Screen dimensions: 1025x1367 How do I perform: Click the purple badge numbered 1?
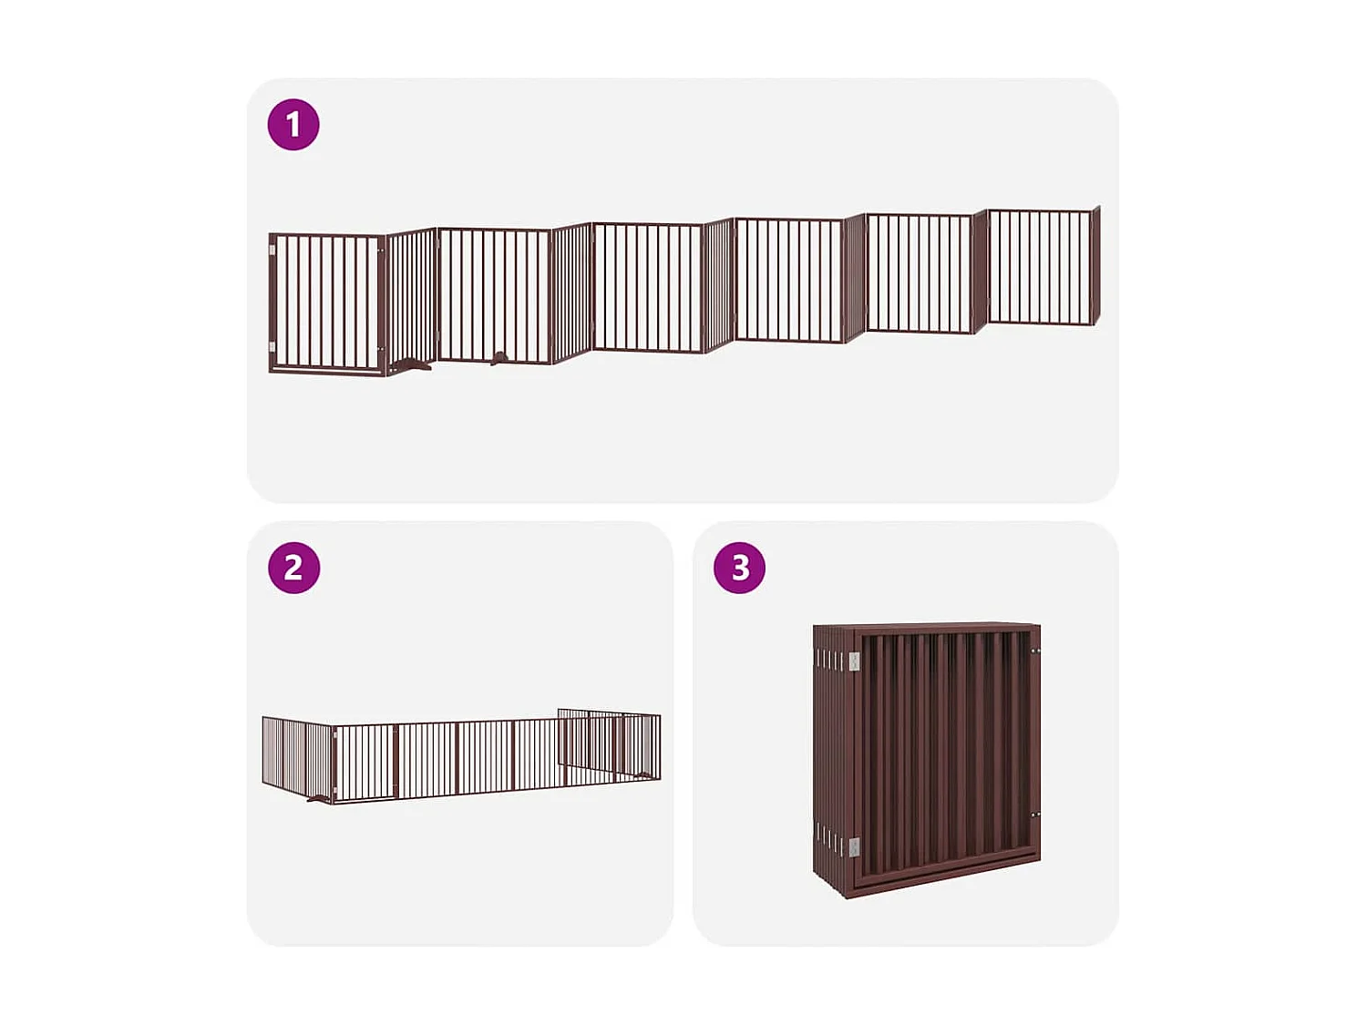293,125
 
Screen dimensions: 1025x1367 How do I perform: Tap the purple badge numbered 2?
293,568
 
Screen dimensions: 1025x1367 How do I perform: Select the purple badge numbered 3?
739,568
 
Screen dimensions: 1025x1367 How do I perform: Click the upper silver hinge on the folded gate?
854,661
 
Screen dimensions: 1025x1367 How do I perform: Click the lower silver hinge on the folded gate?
854,847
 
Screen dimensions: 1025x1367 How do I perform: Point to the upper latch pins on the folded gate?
1035,651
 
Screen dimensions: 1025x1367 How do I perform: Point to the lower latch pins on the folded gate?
1035,815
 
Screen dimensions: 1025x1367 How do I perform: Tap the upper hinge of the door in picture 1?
272,249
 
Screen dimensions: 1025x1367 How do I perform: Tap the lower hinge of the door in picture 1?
272,349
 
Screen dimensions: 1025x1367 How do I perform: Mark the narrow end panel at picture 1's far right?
1095,265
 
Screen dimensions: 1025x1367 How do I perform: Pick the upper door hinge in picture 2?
334,739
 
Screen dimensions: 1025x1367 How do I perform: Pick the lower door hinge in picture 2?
334,789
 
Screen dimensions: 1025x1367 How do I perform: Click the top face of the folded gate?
925,627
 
